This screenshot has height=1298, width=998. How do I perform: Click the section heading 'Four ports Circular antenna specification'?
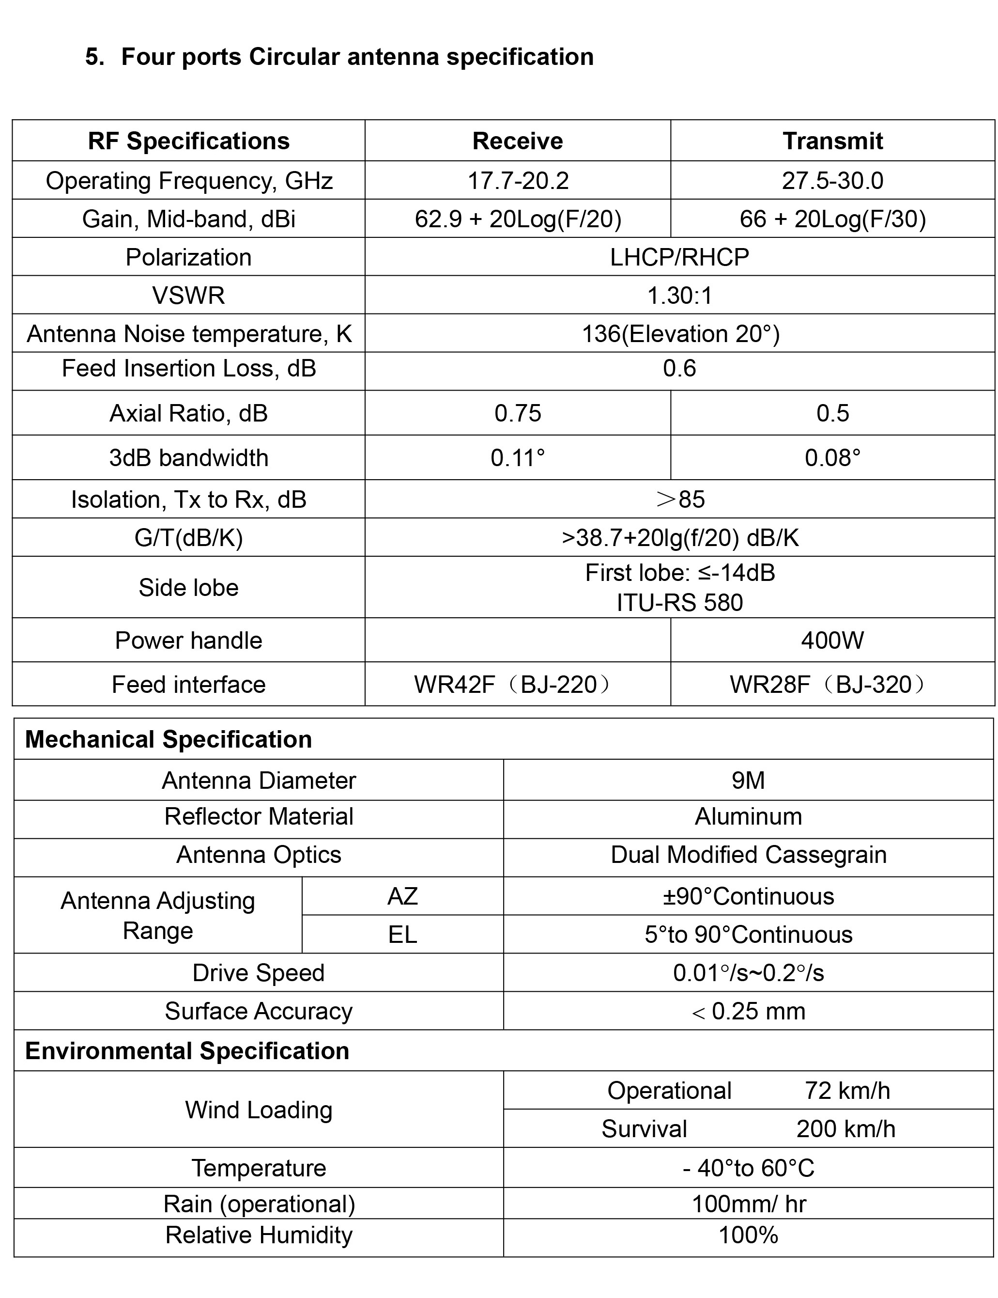[357, 57]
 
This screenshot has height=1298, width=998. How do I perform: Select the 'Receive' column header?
[518, 141]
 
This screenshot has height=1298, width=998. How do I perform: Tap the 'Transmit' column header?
[832, 141]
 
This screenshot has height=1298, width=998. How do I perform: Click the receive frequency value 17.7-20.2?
[518, 181]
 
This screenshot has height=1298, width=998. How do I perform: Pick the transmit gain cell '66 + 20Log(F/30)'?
[832, 219]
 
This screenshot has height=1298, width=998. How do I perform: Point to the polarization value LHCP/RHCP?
[679, 257]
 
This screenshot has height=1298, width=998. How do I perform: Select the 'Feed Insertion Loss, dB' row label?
[189, 369]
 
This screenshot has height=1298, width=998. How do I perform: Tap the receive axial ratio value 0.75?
[518, 413]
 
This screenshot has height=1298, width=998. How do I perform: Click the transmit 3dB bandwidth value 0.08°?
[832, 458]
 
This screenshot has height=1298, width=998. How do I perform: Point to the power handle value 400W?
[832, 640]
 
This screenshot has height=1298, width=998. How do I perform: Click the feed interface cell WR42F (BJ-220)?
[511, 685]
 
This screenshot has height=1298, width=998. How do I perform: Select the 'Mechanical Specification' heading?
[168, 739]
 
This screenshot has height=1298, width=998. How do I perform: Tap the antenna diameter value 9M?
[748, 781]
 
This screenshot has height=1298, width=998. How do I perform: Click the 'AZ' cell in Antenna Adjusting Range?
[402, 896]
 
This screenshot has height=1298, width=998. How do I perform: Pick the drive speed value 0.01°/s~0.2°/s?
[748, 973]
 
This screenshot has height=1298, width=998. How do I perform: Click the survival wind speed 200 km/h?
[845, 1128]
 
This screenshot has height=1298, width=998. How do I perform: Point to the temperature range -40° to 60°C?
[748, 1168]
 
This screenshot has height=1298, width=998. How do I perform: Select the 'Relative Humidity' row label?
[259, 1235]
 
